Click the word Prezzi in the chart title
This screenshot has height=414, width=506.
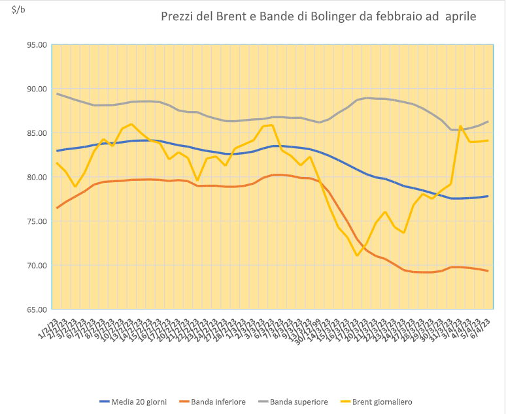tap(178, 16)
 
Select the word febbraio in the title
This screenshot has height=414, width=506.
tap(397, 16)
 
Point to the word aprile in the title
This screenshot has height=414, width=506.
tap(460, 16)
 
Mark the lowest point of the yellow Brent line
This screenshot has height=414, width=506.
tap(356, 255)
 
